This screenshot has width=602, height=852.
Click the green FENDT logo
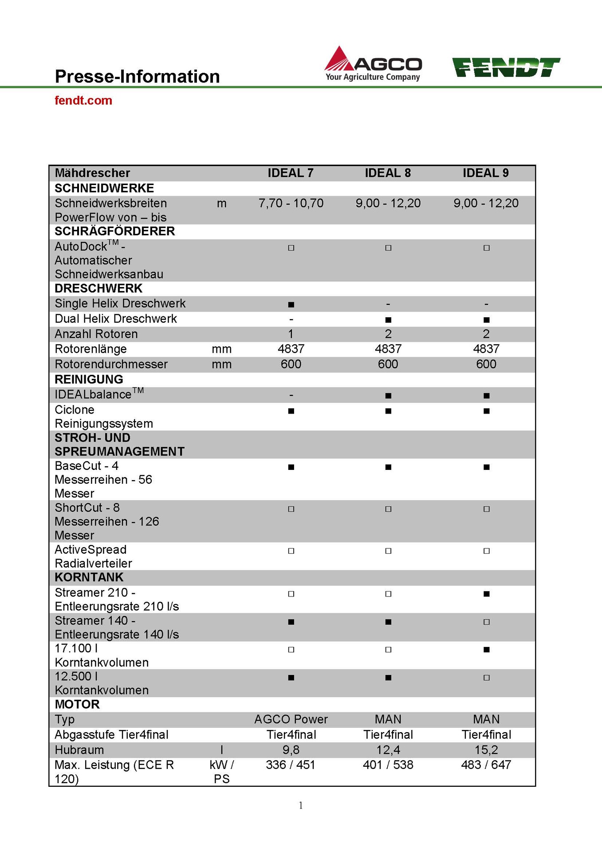[506, 67]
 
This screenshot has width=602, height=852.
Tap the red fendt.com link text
[83, 100]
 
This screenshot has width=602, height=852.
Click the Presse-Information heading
[137, 76]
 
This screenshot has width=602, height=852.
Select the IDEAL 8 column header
[388, 173]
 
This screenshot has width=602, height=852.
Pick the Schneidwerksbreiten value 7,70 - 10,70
[291, 203]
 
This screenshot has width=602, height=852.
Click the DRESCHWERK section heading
[98, 288]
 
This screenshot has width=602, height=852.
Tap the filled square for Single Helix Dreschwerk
[291, 304]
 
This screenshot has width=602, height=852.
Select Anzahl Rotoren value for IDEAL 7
[291, 334]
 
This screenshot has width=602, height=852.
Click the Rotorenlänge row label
[90, 349]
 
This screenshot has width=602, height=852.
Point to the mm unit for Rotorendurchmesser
[221, 364]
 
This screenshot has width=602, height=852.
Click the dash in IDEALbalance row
[291, 395]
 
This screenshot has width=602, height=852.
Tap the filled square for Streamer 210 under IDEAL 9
[486, 594]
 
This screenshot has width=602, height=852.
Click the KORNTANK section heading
[89, 577]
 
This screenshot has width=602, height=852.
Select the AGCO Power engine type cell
[291, 719]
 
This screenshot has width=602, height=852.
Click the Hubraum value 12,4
[388, 750]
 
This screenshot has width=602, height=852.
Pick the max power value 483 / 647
[486, 765]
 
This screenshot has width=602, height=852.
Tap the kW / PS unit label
[221, 772]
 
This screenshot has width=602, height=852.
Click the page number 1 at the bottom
[301, 805]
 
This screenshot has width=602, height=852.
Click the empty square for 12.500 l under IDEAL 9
[486, 678]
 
